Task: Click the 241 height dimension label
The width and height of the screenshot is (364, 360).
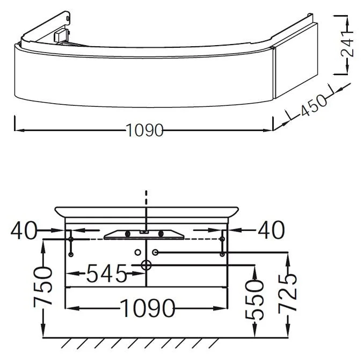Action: [x=347, y=44]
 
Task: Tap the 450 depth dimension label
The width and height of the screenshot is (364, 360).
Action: [x=314, y=105]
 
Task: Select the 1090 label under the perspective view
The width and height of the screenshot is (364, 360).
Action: [x=145, y=131]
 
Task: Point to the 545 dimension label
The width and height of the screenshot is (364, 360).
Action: [x=106, y=273]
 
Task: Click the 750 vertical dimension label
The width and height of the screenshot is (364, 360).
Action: [x=42, y=287]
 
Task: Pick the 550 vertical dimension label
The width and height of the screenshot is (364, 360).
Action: [x=254, y=300]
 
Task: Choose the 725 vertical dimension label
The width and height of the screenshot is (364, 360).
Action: [x=288, y=293]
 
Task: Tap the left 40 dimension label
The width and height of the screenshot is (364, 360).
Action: [x=24, y=230]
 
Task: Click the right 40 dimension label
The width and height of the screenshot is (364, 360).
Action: [x=271, y=230]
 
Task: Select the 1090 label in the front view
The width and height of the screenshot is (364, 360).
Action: [x=148, y=308]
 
